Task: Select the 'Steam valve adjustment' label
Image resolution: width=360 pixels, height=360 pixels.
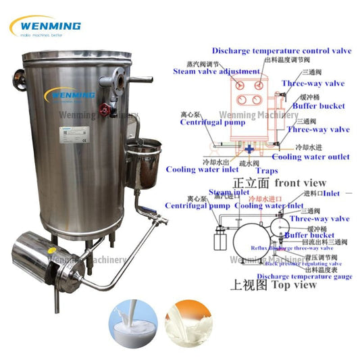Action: (216, 71)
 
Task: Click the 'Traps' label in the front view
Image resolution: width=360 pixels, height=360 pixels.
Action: (267, 172)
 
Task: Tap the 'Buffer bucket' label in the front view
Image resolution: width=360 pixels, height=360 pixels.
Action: (319, 106)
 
